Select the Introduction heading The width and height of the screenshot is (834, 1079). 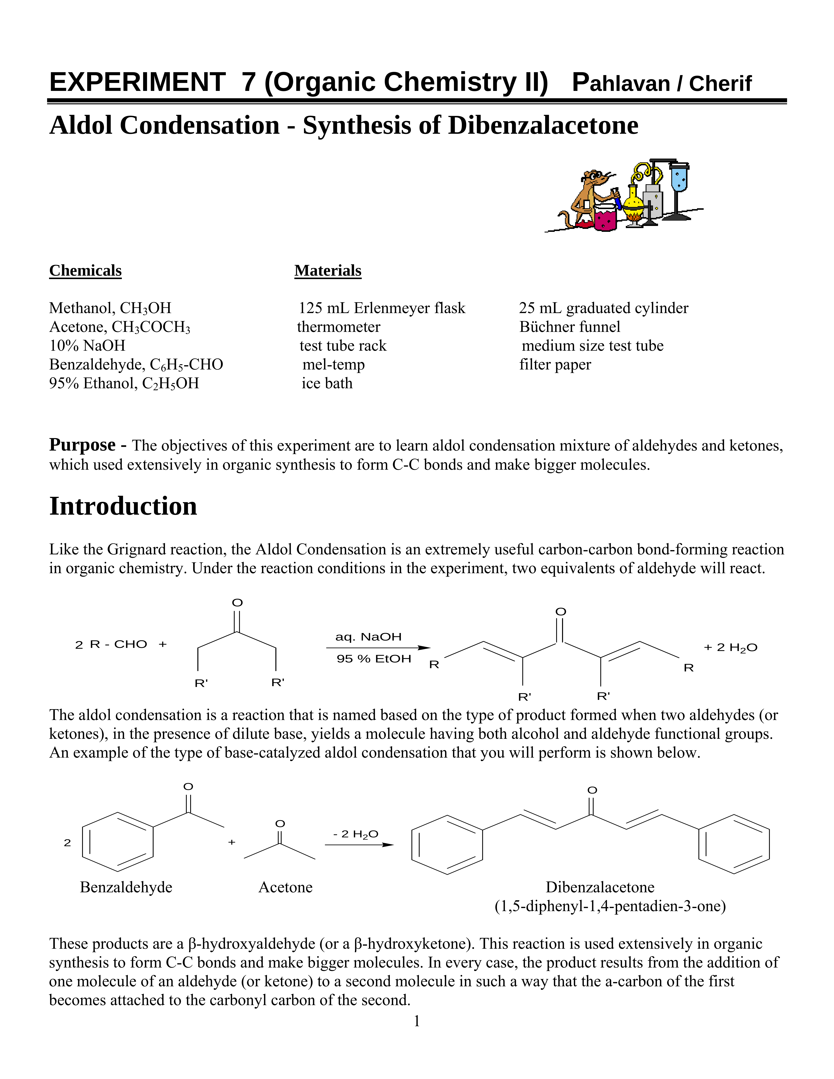[x=123, y=506]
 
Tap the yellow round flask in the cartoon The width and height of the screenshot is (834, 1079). [x=633, y=203]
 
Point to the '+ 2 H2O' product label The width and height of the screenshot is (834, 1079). [x=730, y=648]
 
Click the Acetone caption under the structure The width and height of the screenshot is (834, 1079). [x=286, y=887]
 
